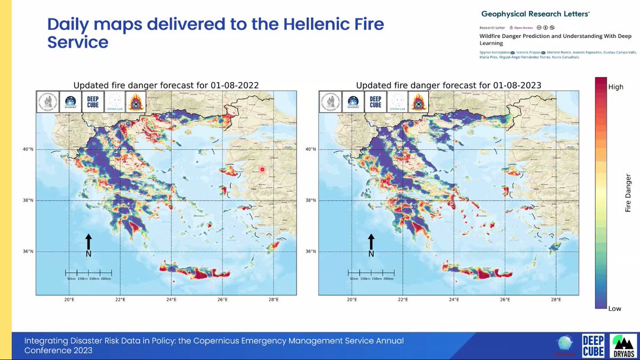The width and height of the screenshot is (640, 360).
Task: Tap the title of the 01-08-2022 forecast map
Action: pos(165,85)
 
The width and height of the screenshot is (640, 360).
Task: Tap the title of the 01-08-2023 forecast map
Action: pos(448,85)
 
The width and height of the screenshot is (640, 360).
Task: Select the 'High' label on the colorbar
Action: pos(615,87)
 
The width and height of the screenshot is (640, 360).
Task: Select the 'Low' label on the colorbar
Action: pos(614,308)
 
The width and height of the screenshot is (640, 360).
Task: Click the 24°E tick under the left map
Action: pos(171,300)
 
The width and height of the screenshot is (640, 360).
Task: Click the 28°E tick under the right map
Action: pos(556,300)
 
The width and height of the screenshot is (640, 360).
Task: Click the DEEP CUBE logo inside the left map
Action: pos(91,101)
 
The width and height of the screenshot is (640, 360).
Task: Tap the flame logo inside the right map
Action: pos(418,101)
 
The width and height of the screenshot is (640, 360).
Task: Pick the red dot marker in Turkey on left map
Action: pos(261,169)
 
